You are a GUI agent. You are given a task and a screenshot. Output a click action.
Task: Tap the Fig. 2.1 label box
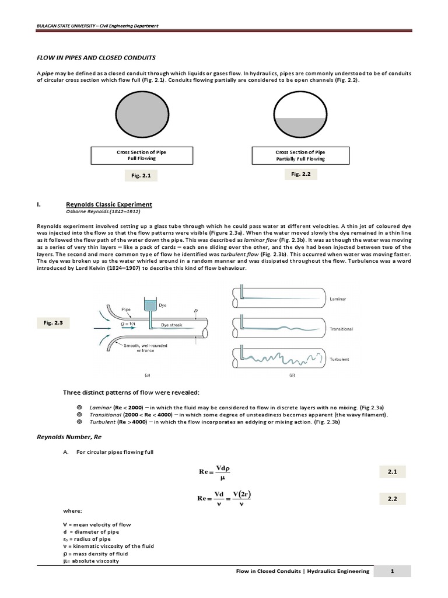pos(137,175)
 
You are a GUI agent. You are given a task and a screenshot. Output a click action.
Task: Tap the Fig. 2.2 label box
pos(299,174)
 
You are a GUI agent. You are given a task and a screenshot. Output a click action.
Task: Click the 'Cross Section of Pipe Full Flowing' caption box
pos(137,155)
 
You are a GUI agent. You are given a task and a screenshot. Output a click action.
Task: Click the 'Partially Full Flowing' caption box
pos(300,155)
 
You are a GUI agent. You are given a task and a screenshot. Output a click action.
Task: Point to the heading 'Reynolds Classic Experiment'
pos(109,204)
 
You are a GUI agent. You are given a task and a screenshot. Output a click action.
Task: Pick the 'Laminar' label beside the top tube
pos(339,298)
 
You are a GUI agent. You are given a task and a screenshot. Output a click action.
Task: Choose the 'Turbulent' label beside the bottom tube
pos(339,359)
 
